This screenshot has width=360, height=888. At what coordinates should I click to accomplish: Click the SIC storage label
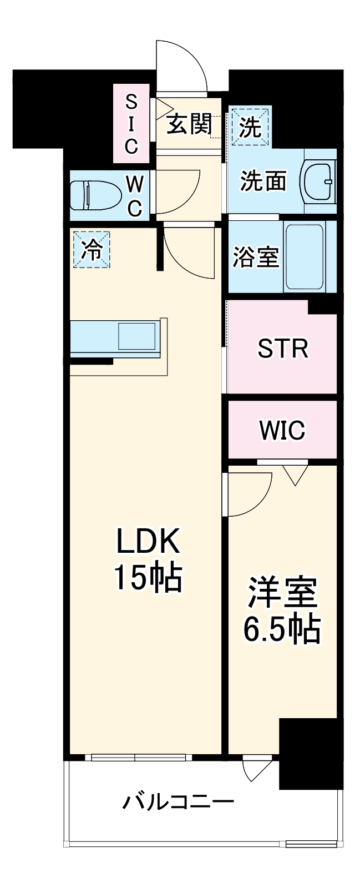[x=131, y=124]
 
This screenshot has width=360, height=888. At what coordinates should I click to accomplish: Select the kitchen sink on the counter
[x=135, y=335]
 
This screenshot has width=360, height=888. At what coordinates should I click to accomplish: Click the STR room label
[x=282, y=348]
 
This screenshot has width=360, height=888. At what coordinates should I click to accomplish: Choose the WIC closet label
[x=282, y=430]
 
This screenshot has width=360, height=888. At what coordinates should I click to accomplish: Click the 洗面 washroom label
[x=264, y=180]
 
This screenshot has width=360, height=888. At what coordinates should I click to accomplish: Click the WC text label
[x=135, y=195]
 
